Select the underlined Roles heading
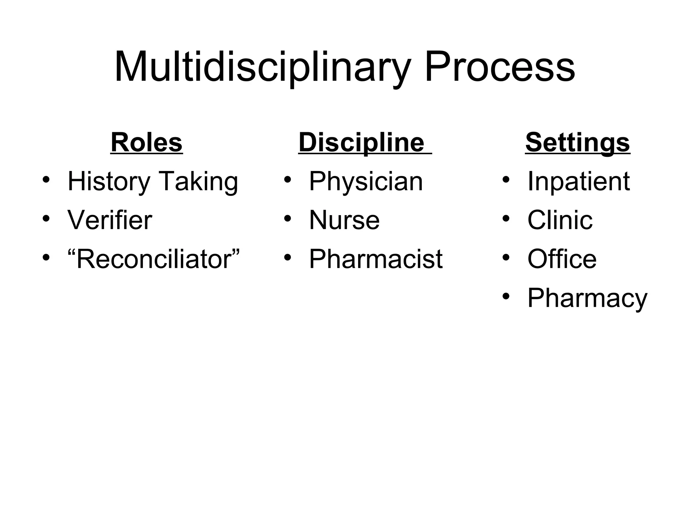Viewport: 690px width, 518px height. (x=147, y=143)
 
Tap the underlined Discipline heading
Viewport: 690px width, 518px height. (x=361, y=143)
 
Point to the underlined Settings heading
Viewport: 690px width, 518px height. (x=577, y=143)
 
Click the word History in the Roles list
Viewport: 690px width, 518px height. (x=109, y=182)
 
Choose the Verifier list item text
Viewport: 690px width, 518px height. (x=110, y=220)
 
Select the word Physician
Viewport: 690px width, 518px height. (x=366, y=182)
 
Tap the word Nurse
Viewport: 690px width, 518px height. (x=344, y=220)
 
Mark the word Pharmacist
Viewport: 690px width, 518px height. (x=376, y=259)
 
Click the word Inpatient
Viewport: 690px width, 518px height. (x=578, y=182)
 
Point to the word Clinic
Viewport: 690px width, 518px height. (x=560, y=220)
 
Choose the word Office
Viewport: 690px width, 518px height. (x=562, y=259)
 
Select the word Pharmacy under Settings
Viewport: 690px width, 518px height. (x=587, y=298)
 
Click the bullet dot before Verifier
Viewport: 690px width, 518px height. (x=46, y=218)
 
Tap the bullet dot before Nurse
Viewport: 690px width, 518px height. (x=287, y=218)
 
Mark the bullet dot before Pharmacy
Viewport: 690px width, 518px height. (x=506, y=296)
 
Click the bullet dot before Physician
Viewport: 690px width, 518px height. (x=287, y=179)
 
